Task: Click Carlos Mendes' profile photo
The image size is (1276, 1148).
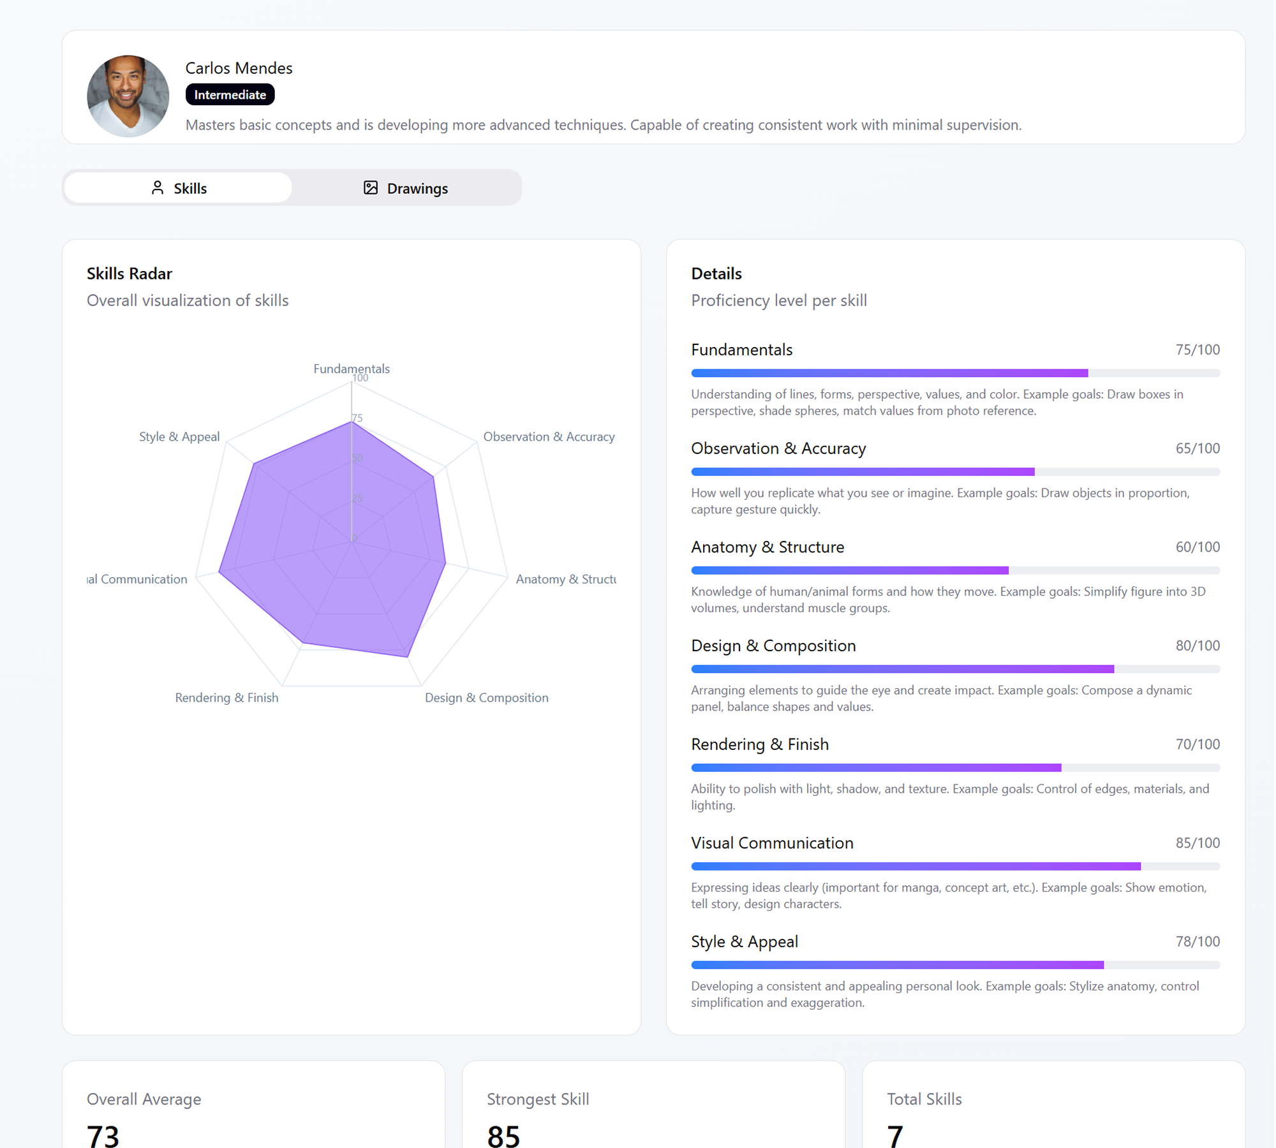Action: pos(128,96)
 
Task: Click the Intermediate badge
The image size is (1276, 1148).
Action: pos(230,94)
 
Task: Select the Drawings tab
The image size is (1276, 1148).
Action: pos(406,188)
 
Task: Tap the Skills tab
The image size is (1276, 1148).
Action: pos(179,188)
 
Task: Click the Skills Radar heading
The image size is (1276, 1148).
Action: pos(130,274)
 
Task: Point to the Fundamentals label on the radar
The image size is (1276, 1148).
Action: pos(351,368)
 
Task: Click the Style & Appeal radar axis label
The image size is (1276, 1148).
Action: pos(179,437)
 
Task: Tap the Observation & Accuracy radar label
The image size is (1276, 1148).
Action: pos(549,437)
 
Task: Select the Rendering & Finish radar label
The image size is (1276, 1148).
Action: pos(226,698)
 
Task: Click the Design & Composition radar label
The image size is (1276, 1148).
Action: pos(486,698)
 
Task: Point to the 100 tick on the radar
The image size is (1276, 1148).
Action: pos(360,378)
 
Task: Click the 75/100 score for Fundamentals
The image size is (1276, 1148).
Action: pos(1197,350)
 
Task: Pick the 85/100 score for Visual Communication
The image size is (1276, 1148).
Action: pos(1197,843)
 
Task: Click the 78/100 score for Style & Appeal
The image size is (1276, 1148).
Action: pos(1197,941)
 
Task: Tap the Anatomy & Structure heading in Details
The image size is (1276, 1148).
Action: pos(767,547)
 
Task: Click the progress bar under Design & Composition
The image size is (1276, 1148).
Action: pos(955,669)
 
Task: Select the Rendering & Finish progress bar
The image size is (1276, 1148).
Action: pos(955,768)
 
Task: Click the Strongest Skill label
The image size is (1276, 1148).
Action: pos(537,1099)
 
